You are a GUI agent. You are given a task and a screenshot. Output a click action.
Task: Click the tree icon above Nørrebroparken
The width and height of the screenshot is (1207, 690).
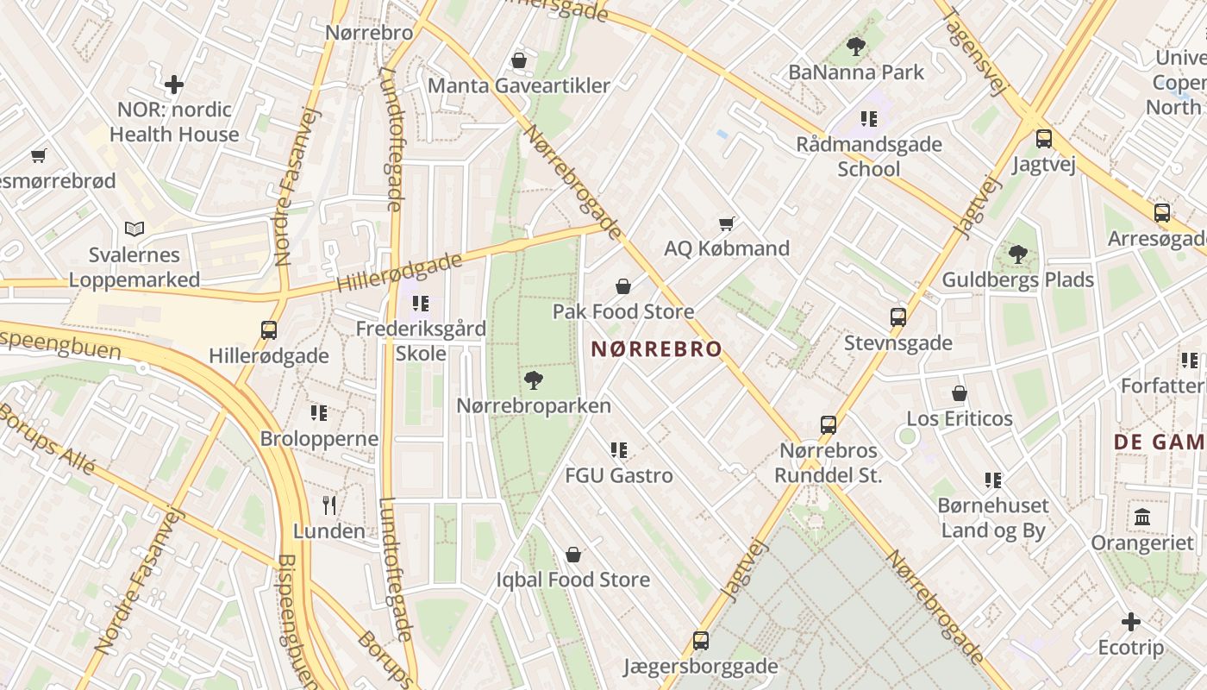coord(534,379)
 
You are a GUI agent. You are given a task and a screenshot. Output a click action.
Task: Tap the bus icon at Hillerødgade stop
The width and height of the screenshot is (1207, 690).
coord(269,329)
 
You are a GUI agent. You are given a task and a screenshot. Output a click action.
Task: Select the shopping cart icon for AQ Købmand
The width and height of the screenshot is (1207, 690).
coord(727,223)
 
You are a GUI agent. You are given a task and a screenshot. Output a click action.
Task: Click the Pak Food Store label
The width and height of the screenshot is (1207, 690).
coord(622,311)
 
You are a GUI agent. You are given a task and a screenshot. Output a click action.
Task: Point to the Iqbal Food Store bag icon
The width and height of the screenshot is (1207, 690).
coord(573,555)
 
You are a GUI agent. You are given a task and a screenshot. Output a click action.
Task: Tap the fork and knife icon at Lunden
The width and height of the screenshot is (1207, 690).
coord(328,505)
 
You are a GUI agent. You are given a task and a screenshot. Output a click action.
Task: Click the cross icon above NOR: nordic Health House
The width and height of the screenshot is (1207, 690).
coord(174,85)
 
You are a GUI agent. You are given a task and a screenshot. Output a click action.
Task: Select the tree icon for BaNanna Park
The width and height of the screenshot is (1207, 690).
coord(856,47)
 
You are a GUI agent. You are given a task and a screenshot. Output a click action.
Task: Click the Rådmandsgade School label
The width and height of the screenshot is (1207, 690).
coord(869,156)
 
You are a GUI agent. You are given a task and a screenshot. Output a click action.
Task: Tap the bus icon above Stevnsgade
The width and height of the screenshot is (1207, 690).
coord(898,317)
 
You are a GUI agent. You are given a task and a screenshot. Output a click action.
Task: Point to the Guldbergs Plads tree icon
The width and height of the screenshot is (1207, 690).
coord(1018,254)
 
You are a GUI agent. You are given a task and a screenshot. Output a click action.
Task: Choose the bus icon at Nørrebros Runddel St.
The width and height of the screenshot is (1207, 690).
coord(829,424)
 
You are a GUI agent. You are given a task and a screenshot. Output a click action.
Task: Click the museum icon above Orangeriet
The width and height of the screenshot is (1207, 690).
coord(1143,517)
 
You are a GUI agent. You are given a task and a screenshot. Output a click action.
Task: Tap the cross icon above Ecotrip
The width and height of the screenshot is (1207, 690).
coord(1131,622)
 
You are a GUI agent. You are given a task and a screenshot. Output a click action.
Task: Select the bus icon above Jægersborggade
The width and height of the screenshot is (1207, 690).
coord(701,641)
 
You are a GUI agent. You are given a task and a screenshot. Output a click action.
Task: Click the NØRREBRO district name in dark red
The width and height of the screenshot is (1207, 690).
coord(657,349)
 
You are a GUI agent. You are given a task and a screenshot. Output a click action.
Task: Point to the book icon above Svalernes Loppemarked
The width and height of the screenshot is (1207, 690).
coord(134,229)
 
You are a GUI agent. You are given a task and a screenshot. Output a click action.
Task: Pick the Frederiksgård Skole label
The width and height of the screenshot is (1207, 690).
coord(421,341)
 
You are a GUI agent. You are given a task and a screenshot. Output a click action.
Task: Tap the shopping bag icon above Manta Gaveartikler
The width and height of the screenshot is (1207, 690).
coord(519,60)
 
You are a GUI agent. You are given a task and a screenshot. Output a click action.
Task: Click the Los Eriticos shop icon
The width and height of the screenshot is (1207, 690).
coord(960,393)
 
